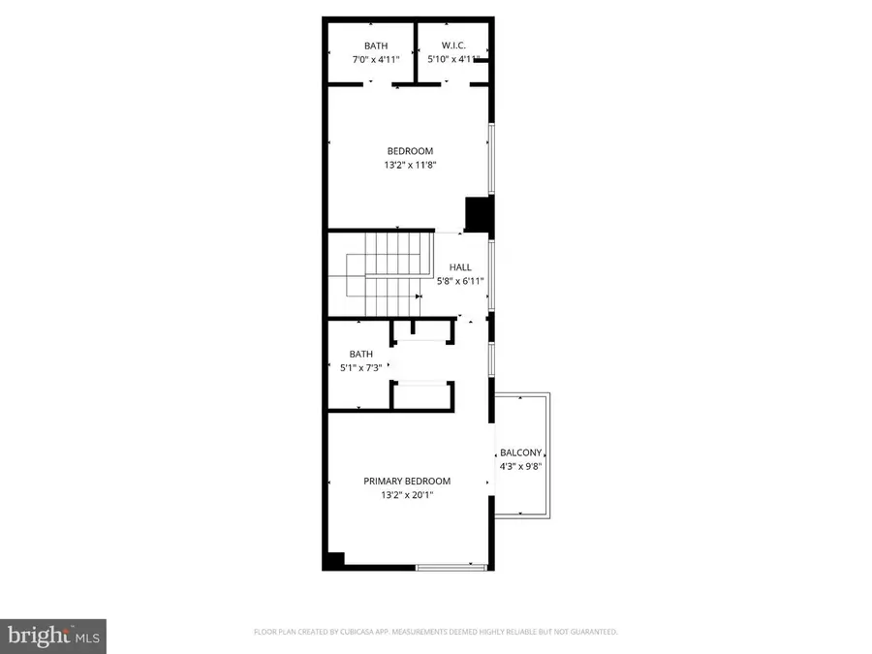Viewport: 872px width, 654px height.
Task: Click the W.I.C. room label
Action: click(x=454, y=46)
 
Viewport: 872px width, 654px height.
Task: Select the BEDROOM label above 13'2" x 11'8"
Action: click(x=410, y=151)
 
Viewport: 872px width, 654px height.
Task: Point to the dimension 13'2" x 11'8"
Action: click(x=410, y=165)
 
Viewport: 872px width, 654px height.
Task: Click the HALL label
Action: click(x=460, y=267)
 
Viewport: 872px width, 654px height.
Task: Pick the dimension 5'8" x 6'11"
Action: click(x=460, y=281)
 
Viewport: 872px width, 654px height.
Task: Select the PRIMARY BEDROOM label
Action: click(x=407, y=481)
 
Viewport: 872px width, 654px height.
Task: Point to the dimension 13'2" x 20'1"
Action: click(x=407, y=495)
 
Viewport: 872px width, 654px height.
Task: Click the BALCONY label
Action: click(x=520, y=452)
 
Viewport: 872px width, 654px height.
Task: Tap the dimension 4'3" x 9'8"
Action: click(x=520, y=466)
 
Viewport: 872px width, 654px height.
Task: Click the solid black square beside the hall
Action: click(x=478, y=214)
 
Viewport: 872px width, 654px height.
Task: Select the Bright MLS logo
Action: click(x=53, y=636)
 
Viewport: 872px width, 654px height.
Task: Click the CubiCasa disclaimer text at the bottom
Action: click(x=436, y=632)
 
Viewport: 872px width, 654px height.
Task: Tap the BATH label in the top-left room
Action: click(x=376, y=46)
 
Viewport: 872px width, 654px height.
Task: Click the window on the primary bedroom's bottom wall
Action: click(x=452, y=566)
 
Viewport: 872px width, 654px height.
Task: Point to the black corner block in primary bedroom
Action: click(x=334, y=559)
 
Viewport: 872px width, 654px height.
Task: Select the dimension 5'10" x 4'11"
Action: click(x=454, y=59)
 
